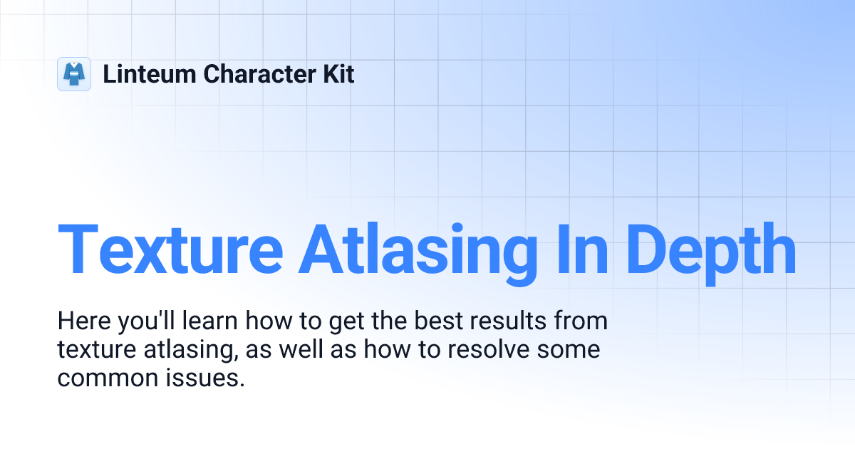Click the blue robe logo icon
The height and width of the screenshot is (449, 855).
[74, 74]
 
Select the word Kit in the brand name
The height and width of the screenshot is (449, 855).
[338, 74]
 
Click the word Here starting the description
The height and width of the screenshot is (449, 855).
[81, 321]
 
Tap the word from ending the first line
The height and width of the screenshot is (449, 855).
[581, 321]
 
